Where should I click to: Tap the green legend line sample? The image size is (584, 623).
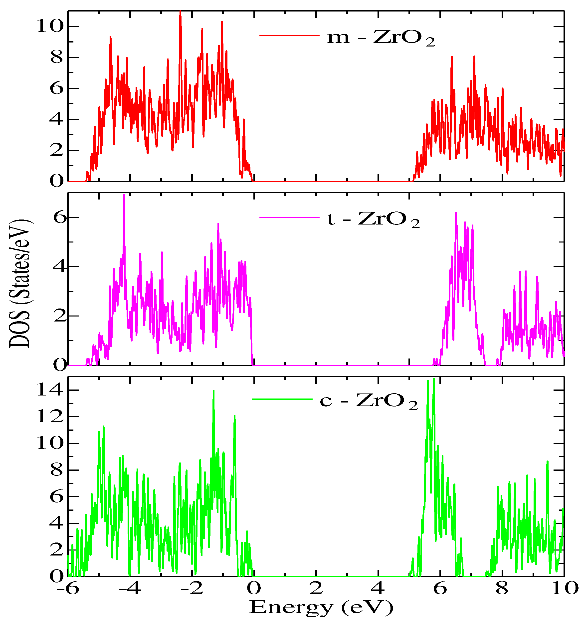click(x=282, y=399)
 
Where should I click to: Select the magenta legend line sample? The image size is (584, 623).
click(x=289, y=217)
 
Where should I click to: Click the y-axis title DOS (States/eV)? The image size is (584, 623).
click(x=20, y=283)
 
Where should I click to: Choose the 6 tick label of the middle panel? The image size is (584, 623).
click(x=59, y=217)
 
